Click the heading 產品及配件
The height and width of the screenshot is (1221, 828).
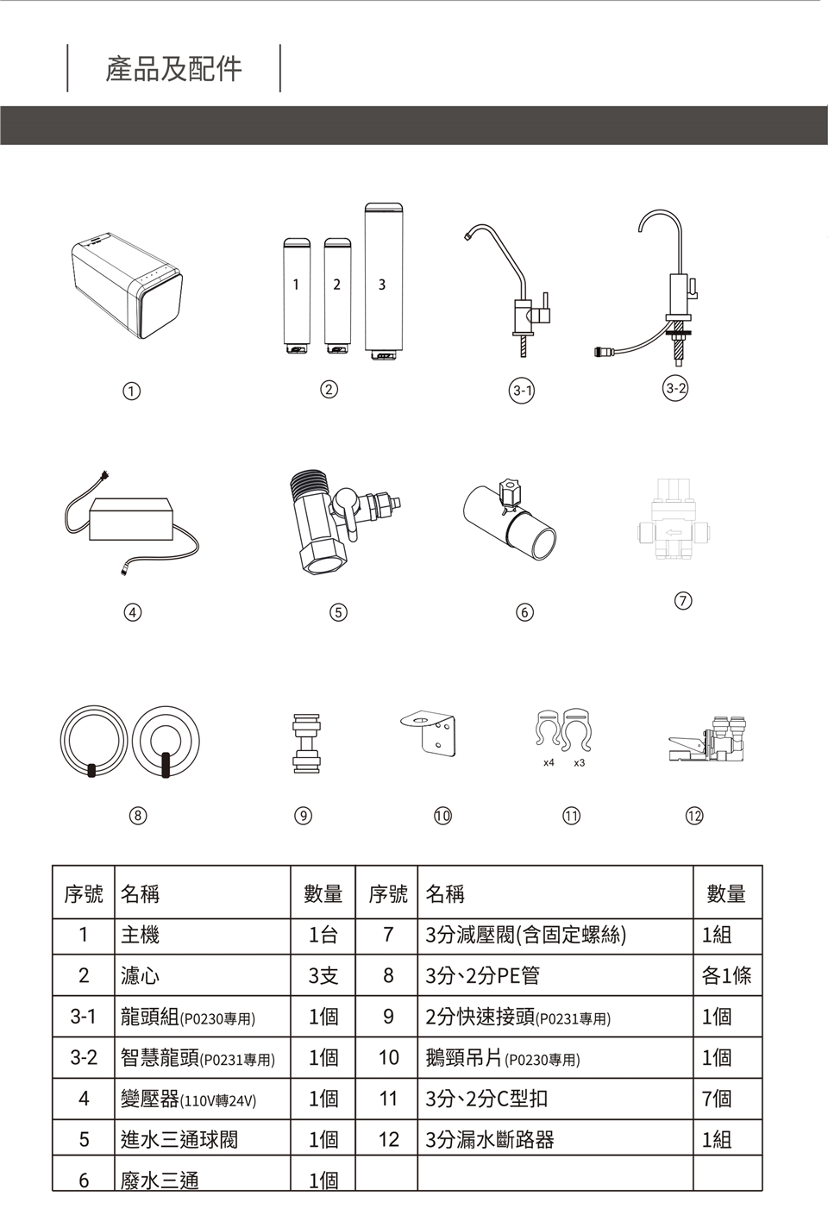[173, 69]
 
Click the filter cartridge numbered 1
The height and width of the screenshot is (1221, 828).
[297, 297]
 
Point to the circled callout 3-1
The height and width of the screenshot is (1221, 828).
[522, 391]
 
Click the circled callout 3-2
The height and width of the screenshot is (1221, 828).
[676, 389]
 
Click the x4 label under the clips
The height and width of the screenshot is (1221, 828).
[549, 762]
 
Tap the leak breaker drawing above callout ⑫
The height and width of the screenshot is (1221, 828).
[707, 739]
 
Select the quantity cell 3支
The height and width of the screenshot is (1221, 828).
[323, 975]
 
